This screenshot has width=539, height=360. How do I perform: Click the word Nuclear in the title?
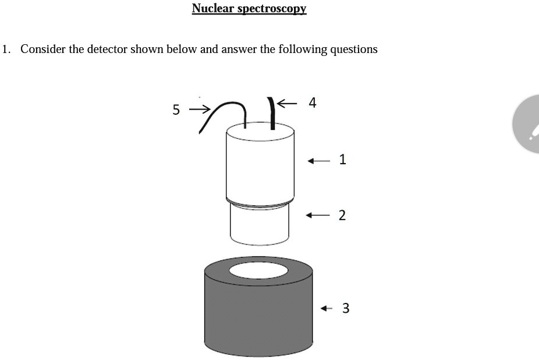coord(212,8)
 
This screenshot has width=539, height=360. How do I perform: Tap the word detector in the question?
coord(107,49)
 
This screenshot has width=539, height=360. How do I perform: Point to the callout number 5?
coord(176,110)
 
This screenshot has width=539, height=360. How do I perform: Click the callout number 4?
coord(313,103)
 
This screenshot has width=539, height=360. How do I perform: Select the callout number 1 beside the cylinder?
coord(342,160)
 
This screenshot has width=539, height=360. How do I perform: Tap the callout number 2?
coord(342,216)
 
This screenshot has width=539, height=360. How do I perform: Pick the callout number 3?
coord(346,308)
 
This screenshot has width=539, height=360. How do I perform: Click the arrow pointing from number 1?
coord(318,160)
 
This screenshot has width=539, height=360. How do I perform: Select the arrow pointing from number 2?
coord(318,216)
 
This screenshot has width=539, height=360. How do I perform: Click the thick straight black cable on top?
coord(272,114)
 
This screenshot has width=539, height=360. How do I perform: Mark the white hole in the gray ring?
coord(258,270)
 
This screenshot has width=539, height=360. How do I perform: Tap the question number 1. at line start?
coord(6,49)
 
